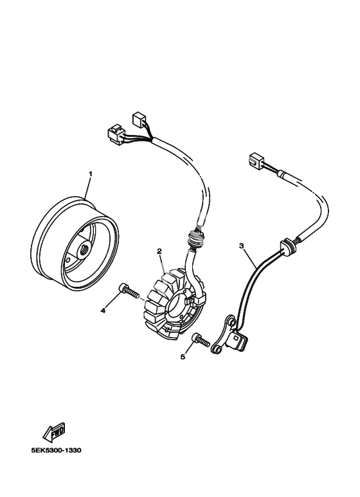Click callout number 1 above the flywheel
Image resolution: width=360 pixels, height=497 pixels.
[x=90, y=174]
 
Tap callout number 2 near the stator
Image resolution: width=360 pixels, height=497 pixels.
[x=159, y=251]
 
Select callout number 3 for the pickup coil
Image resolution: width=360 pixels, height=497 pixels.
[x=242, y=246]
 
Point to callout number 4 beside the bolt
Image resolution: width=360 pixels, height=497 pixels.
[x=103, y=311]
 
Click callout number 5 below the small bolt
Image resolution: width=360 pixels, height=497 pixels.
[x=183, y=357]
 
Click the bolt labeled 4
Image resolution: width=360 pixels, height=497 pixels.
[x=129, y=291]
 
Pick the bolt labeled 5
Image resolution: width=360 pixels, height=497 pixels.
[x=201, y=339]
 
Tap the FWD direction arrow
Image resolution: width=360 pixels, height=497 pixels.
[x=54, y=432]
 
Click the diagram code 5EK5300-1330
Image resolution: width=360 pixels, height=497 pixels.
[x=57, y=451]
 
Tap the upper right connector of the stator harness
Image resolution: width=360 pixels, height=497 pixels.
[x=138, y=120]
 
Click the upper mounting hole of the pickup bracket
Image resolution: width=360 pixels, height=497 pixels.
[x=233, y=322]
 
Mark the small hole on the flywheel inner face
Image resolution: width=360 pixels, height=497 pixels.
[x=67, y=260]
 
